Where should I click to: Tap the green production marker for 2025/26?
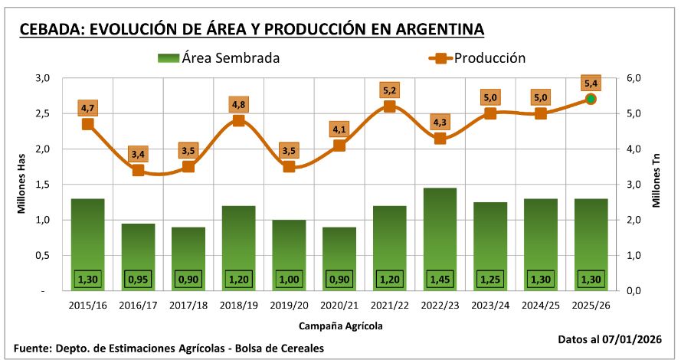[x=591, y=99]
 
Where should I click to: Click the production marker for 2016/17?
[x=138, y=170]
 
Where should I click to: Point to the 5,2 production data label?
[x=389, y=90]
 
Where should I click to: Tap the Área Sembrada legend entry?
[x=218, y=57]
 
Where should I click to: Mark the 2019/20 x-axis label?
[x=289, y=306]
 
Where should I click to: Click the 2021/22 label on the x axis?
[x=389, y=306]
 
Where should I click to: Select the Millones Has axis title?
[x=23, y=184]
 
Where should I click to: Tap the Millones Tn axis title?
[x=657, y=184]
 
